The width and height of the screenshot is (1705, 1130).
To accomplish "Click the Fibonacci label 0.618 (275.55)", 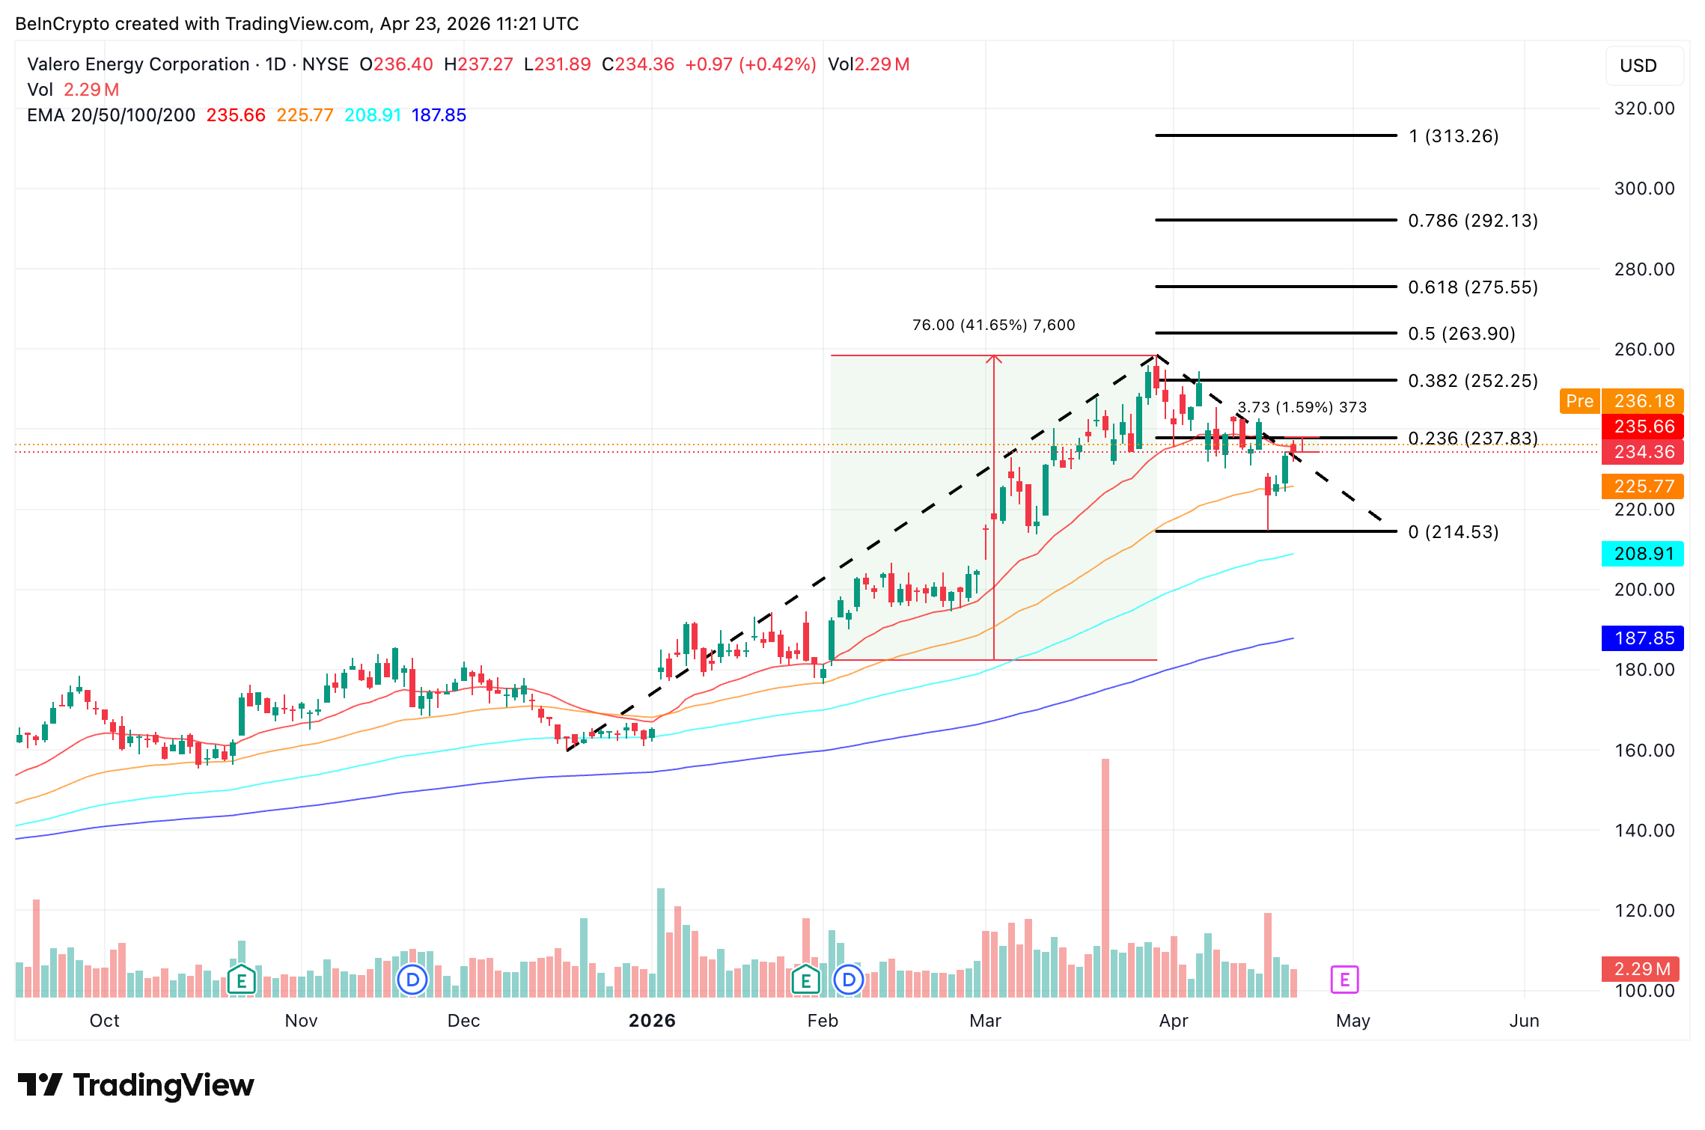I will click(x=1472, y=287).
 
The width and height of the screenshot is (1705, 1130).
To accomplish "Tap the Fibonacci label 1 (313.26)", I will click(x=1453, y=136).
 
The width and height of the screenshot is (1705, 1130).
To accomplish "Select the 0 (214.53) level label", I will click(x=1453, y=532).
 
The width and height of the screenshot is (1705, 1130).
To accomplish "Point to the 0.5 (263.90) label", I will click(x=1461, y=334).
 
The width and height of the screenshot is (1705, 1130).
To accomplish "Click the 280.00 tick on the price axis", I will click(x=1644, y=269).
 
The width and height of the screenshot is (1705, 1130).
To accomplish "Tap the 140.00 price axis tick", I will click(x=1644, y=831).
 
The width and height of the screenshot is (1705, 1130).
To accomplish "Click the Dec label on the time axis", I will click(x=463, y=1021).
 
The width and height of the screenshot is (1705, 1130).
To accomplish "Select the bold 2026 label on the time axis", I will click(x=652, y=1021).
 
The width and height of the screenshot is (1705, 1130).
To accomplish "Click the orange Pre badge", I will click(x=1579, y=401).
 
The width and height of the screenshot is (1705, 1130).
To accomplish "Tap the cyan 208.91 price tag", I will click(x=1643, y=554).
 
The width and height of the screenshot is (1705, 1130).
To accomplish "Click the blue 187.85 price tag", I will click(x=1643, y=638).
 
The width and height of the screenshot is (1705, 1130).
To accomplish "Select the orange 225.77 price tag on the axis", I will click(x=1643, y=486).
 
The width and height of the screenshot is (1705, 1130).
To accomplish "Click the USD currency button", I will click(x=1638, y=66).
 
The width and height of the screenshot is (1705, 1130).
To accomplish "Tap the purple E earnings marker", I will click(x=1344, y=979).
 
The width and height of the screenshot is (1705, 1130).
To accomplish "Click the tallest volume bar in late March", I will click(x=1105, y=876).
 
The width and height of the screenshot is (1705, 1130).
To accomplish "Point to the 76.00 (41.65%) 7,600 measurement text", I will click(x=993, y=325).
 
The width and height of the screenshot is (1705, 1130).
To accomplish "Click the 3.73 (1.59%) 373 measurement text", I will click(x=1302, y=407).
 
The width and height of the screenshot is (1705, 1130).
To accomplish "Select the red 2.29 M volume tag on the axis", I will click(x=1641, y=969).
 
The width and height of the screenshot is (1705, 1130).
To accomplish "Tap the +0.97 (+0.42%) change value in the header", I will click(x=750, y=64).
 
